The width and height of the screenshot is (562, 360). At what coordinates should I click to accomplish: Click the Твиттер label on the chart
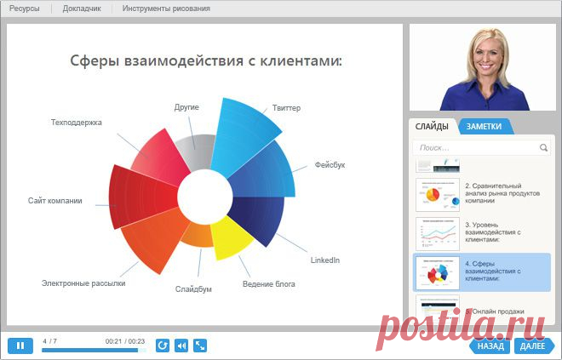click(x=286, y=108)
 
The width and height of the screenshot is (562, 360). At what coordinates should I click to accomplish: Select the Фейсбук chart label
click(x=330, y=164)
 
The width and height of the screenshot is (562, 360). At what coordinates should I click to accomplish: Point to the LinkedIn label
click(x=324, y=260)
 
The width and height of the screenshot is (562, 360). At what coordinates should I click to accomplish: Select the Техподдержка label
click(x=77, y=123)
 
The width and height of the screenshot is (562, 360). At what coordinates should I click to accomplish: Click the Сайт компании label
click(x=54, y=201)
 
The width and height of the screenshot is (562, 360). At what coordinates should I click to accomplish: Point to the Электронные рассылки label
click(x=83, y=283)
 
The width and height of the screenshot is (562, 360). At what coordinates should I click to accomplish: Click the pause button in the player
click(x=20, y=346)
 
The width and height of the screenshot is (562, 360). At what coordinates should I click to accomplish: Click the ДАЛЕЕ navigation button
click(x=532, y=346)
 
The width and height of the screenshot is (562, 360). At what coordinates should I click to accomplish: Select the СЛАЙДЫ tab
click(x=432, y=127)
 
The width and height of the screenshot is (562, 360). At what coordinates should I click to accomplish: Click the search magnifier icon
click(x=544, y=147)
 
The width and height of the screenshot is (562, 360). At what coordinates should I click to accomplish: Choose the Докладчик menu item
click(x=82, y=9)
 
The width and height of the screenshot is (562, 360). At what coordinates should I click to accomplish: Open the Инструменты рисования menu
click(x=166, y=9)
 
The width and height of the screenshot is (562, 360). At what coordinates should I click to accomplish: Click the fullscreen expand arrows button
click(x=200, y=346)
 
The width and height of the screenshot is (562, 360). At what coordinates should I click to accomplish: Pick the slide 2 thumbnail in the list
click(x=438, y=195)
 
